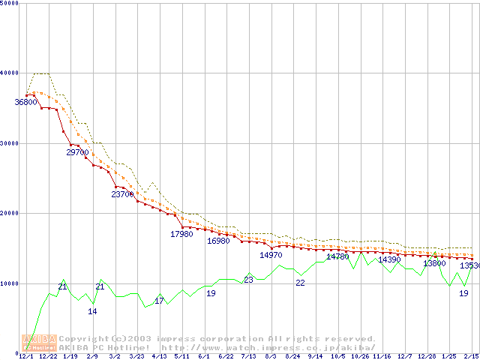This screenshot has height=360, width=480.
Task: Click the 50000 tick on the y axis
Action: point(10,3)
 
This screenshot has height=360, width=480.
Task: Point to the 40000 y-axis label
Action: point(10,73)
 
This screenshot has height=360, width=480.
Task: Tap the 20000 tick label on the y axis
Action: point(10,213)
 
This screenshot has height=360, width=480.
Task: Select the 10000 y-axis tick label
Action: point(10,283)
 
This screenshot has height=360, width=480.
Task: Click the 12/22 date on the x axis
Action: point(47,356)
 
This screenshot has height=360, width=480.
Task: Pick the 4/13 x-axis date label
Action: point(159,356)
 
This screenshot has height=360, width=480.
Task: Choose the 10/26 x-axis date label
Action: point(360,356)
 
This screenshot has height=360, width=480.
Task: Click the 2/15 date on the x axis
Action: point(471,356)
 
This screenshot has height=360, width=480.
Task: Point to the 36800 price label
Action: point(26,102)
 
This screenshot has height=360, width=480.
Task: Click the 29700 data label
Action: point(78,152)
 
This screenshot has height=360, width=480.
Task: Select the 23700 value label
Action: point(122,194)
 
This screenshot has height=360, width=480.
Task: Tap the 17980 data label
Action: point(181,234)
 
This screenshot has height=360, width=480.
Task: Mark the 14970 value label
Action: point(271,255)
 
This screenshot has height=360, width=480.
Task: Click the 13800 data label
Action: point(434,263)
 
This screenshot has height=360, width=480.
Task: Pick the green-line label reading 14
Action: point(92,311)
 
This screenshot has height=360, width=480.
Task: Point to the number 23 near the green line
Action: point(248,280)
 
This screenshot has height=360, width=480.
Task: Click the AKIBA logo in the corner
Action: point(40,343)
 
